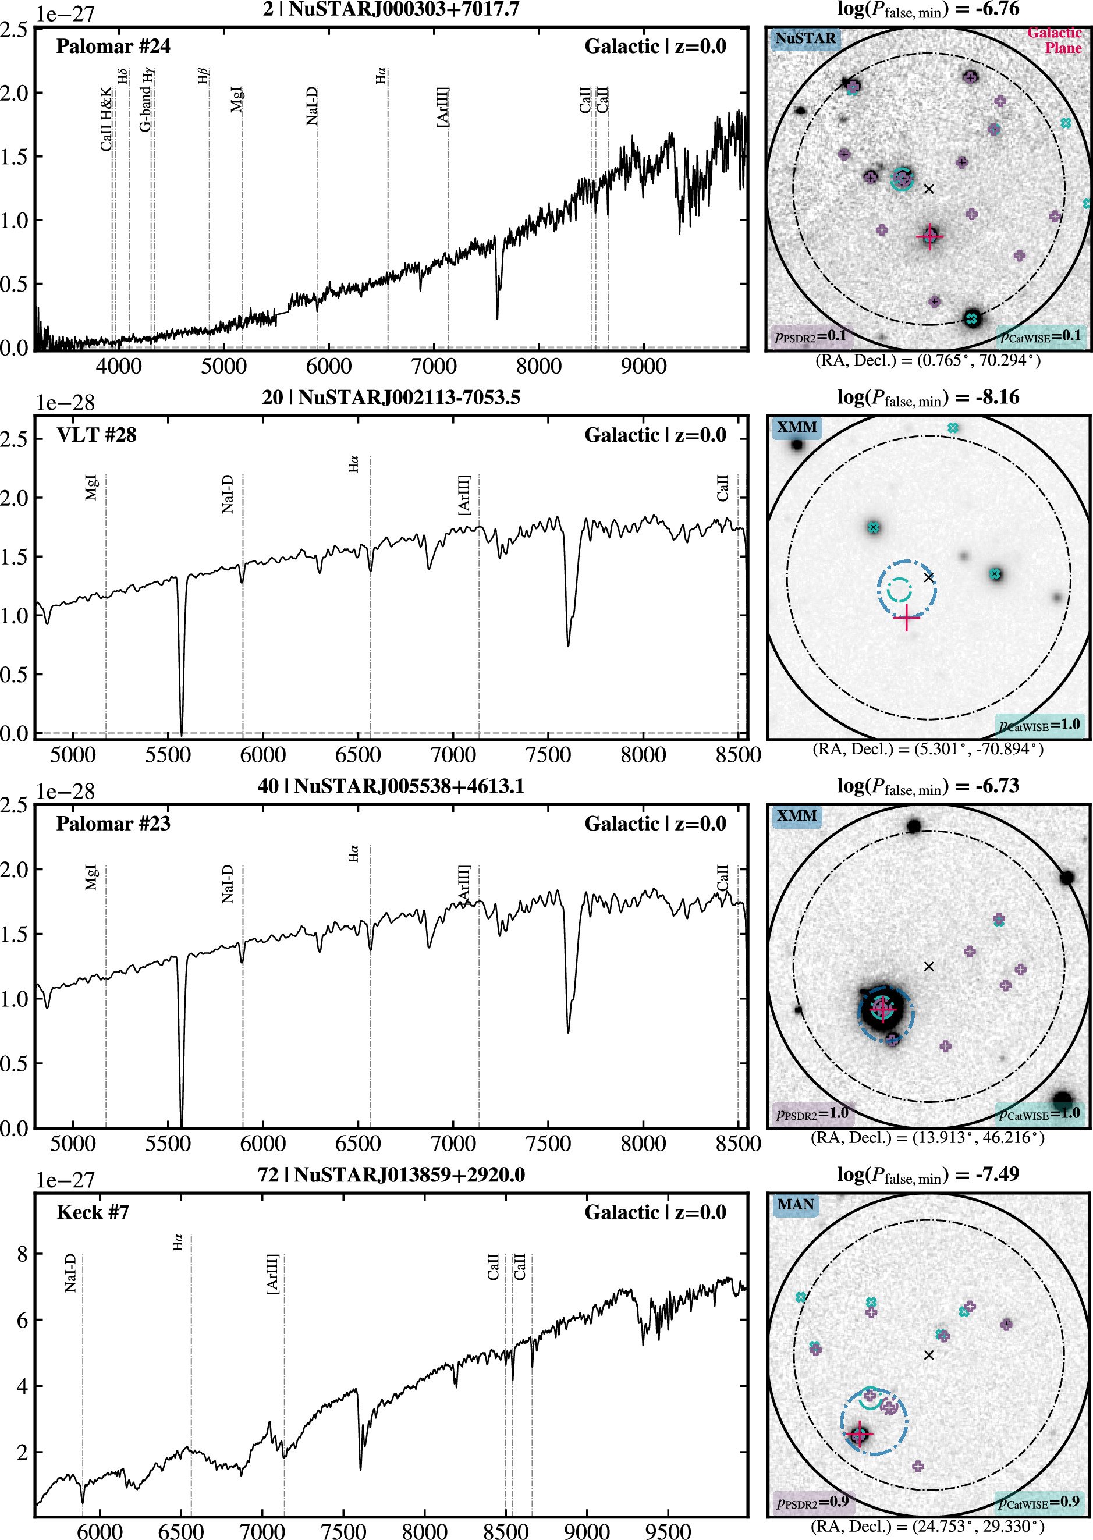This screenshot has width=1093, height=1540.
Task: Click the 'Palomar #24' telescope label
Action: pos(113,47)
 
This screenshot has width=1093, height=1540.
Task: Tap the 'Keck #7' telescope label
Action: pos(93,1212)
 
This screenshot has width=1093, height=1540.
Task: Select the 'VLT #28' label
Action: pos(96,435)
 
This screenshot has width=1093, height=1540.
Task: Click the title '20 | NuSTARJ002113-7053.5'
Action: pos(391,397)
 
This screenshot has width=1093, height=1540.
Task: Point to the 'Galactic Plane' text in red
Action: pos(1054,40)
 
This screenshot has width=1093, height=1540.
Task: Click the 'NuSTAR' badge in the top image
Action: pos(805,38)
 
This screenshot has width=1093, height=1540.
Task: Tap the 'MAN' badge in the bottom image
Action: pos(796,1204)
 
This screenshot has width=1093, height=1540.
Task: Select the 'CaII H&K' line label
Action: pos(106,120)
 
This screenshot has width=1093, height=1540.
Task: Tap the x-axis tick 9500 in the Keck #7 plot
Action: pos(668,1531)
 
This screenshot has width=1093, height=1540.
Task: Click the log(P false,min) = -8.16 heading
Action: pos(928,398)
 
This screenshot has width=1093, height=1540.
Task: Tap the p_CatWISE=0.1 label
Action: pos(1040,335)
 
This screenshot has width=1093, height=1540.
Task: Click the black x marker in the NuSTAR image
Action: pos(929,189)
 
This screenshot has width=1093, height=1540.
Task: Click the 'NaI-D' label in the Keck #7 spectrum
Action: pos(70,1273)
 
